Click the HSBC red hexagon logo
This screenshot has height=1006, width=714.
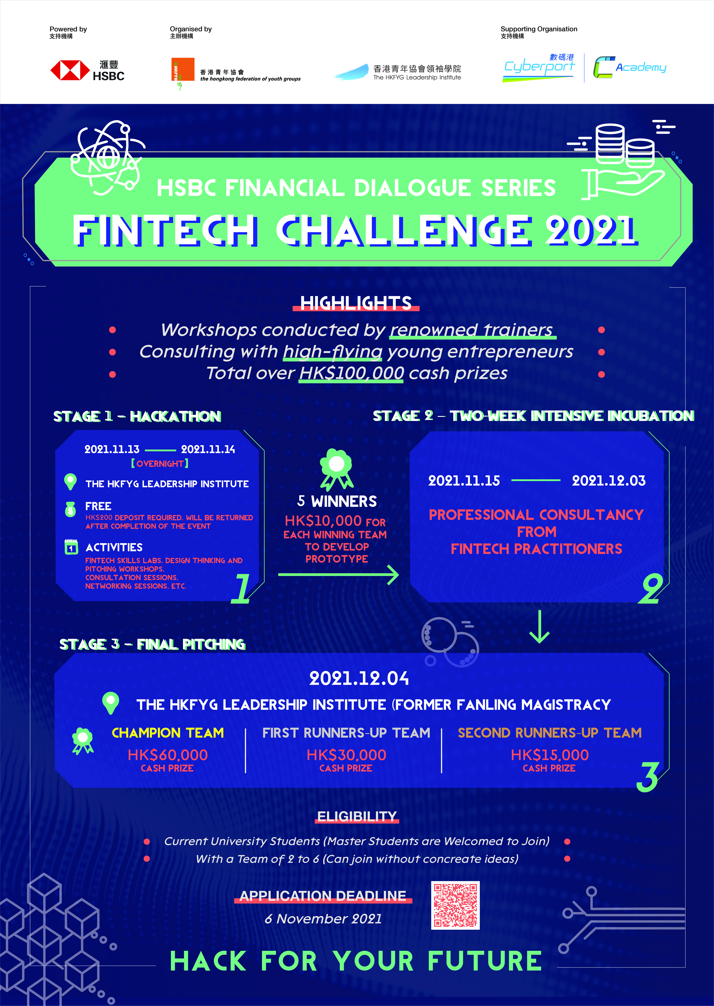tap(70, 70)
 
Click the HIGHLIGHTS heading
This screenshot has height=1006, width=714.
tap(356, 303)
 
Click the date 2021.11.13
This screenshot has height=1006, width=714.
tap(112, 449)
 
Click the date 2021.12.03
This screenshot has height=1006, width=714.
tap(608, 480)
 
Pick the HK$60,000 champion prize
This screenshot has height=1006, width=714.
tap(168, 755)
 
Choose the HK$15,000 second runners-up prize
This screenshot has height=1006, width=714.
tap(550, 755)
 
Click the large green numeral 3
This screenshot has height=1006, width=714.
tap(648, 777)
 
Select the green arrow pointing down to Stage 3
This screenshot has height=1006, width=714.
tap(540, 626)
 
